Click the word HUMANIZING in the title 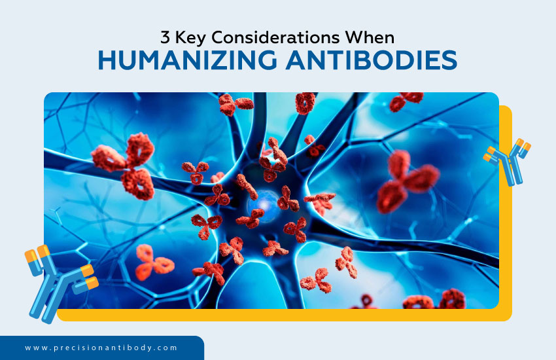coord(185,60)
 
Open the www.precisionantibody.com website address coord(101,348)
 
